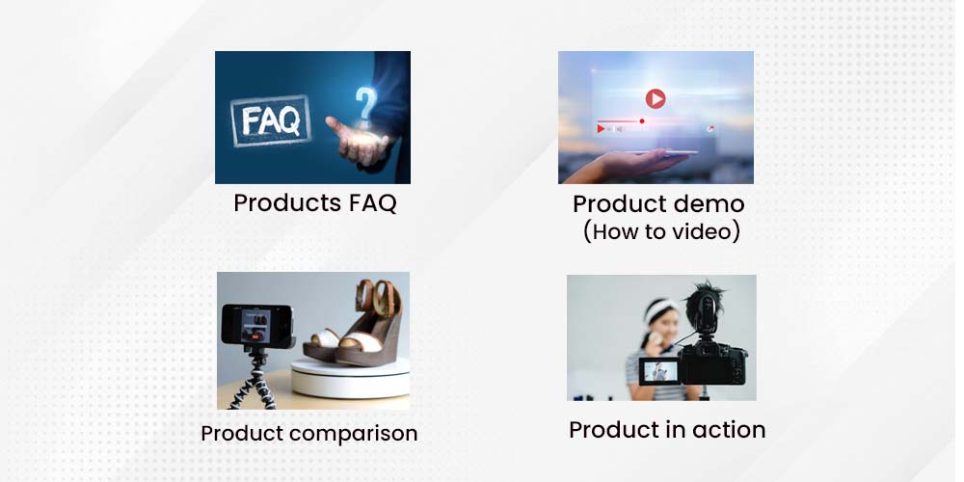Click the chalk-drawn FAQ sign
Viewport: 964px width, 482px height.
click(270, 120)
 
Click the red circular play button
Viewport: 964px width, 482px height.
click(656, 98)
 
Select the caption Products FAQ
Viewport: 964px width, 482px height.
click(315, 202)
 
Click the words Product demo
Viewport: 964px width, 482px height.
click(658, 204)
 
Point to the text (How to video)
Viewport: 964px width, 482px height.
click(661, 231)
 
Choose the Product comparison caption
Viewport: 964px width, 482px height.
click(309, 434)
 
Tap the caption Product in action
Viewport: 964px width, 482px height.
click(667, 430)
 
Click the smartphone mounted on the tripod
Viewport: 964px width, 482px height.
click(257, 325)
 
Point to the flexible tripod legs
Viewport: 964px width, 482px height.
click(253, 385)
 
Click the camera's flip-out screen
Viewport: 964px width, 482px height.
click(659, 371)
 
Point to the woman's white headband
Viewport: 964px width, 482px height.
click(658, 309)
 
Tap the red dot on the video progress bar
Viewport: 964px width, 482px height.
click(642, 121)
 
